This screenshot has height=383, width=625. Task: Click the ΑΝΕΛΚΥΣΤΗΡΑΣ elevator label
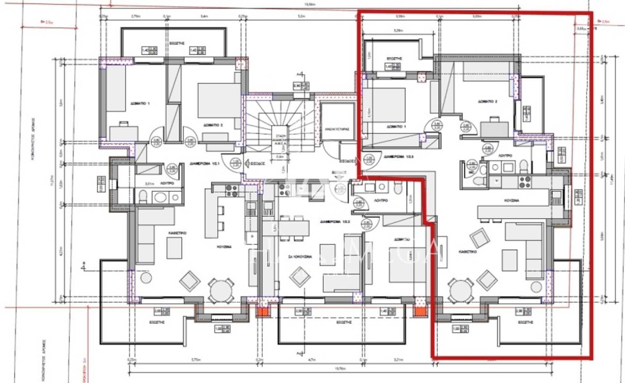coord(337,129)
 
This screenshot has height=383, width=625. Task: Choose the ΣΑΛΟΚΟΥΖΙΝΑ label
coord(300,257)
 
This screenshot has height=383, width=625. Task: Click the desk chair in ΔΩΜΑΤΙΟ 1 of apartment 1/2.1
coord(123,124)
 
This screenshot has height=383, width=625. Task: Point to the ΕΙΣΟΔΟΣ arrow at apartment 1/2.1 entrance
coord(248,163)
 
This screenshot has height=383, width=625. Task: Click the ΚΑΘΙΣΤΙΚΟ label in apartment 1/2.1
coord(177,233)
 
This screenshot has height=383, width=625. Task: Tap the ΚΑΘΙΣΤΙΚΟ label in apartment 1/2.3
coord(467,252)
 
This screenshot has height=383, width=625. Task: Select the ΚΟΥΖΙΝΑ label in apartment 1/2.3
coord(511,200)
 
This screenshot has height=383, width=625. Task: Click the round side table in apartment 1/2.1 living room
coord(146,277)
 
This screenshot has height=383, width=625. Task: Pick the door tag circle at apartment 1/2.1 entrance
coord(235,163)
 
